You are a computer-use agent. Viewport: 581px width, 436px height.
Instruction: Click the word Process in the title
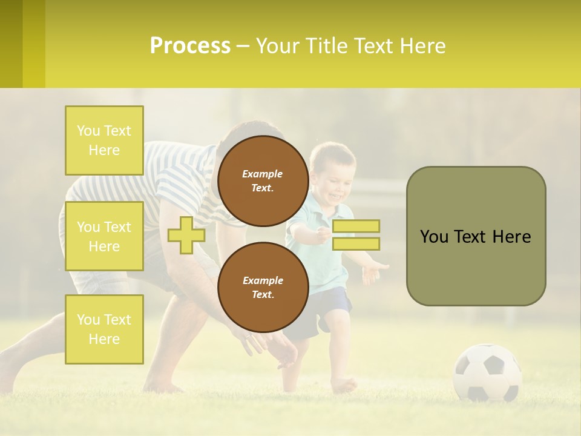190,46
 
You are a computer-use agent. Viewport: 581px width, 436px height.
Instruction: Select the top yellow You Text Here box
104,140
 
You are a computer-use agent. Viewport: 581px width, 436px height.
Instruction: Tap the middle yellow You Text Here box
104,236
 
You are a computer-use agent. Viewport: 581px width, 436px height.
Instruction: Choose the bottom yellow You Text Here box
104,329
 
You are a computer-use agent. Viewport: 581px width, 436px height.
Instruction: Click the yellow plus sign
186,235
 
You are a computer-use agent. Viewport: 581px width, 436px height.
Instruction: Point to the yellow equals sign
356,235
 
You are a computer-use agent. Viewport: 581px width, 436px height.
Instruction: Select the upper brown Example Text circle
263,181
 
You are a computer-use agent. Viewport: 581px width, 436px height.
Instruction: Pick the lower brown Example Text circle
263,288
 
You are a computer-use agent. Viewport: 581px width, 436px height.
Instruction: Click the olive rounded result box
476,236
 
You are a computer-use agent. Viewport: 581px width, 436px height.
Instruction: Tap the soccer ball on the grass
487,372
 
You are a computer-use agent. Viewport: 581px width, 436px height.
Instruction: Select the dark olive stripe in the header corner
11,44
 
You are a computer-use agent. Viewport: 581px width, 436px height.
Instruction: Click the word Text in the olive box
472,237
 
